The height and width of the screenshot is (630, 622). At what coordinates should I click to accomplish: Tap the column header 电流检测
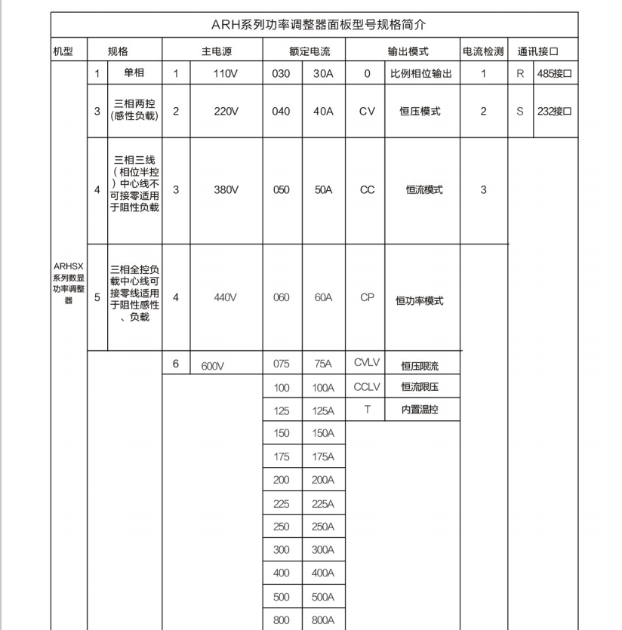[x=483, y=51]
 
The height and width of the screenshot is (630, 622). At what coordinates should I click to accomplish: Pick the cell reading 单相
[x=134, y=74]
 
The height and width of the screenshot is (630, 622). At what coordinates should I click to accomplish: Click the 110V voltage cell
[x=226, y=74]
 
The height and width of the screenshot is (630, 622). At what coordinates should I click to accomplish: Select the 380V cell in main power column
[x=226, y=190]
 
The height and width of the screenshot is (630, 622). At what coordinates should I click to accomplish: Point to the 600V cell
[x=214, y=366]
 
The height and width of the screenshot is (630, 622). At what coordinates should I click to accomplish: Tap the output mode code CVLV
[x=367, y=363]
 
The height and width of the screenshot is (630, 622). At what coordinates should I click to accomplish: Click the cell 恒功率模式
[x=420, y=300]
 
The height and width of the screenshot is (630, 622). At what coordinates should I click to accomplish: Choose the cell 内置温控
[x=420, y=410]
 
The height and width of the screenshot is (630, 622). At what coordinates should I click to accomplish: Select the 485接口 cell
[x=554, y=74]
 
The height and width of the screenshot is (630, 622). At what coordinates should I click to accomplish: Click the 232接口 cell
[x=554, y=111]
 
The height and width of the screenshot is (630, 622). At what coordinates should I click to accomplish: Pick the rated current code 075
[x=282, y=364]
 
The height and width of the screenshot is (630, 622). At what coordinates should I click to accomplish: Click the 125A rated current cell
[x=323, y=410]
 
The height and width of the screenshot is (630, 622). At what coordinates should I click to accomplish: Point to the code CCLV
[x=367, y=387]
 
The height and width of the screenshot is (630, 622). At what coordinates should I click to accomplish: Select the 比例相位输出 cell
[x=420, y=74]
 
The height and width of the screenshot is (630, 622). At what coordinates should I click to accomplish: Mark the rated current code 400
[x=282, y=573]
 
